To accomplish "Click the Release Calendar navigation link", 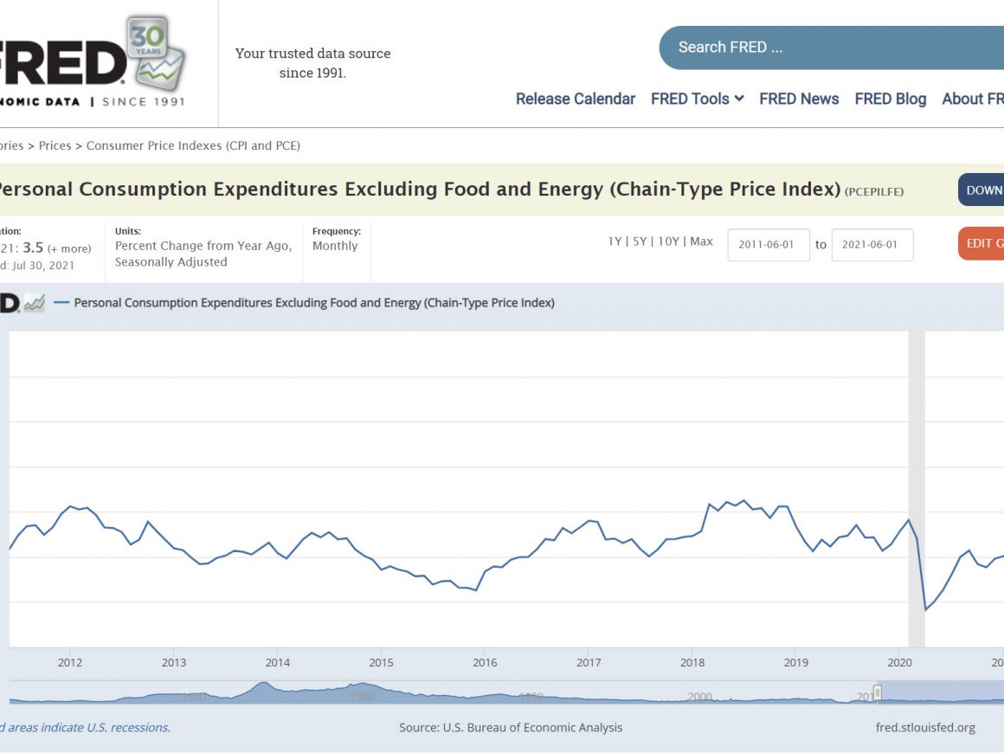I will pyautogui.click(x=576, y=99).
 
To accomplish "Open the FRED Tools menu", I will pyautogui.click(x=697, y=99).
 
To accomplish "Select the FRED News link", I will pyautogui.click(x=799, y=99).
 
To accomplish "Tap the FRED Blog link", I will pyautogui.click(x=890, y=99).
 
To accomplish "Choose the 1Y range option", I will pyautogui.click(x=615, y=241).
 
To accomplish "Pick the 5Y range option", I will pyautogui.click(x=640, y=241).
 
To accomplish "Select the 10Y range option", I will pyautogui.click(x=668, y=241).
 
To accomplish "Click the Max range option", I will pyautogui.click(x=701, y=241).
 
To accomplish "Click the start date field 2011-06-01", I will pyautogui.click(x=768, y=245).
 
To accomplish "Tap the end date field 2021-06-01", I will pyautogui.click(x=872, y=245).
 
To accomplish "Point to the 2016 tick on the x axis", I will pyautogui.click(x=485, y=663).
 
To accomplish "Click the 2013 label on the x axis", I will pyautogui.click(x=173, y=663).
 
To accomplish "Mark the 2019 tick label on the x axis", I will pyautogui.click(x=796, y=663).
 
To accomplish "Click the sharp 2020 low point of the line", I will pyautogui.click(x=925, y=610).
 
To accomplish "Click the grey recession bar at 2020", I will pyautogui.click(x=916, y=433).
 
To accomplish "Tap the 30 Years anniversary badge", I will pyautogui.click(x=157, y=52).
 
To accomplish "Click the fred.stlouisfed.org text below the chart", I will pyautogui.click(x=925, y=728).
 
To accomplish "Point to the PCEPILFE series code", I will pyautogui.click(x=874, y=191).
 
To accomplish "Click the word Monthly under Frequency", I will pyautogui.click(x=335, y=246).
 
